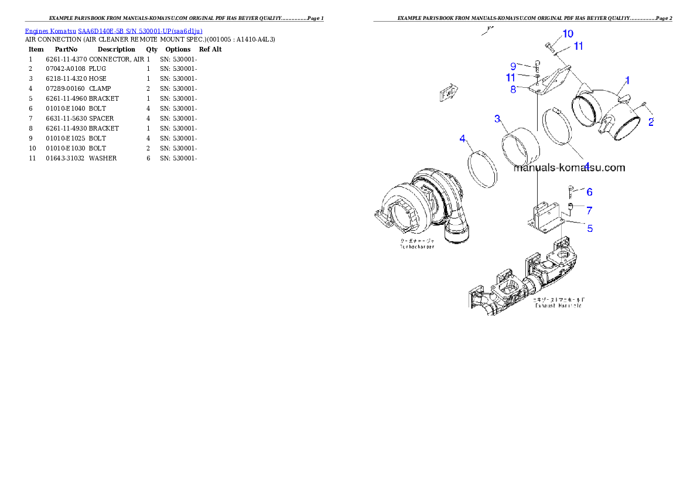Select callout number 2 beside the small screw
651,122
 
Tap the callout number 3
498,119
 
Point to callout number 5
590,228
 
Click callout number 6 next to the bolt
589,192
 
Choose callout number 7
589,210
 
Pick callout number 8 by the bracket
513,90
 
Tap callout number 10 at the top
568,34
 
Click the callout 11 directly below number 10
578,46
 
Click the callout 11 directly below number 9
511,77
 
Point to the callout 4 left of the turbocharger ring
463,139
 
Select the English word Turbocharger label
418,248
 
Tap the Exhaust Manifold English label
558,306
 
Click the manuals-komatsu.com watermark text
569,168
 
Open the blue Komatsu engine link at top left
114,31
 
